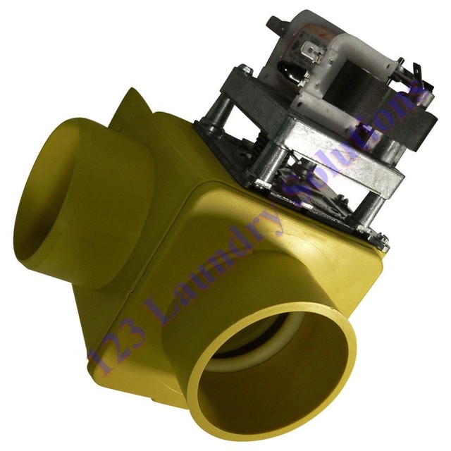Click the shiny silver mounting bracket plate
coord(331,159)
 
